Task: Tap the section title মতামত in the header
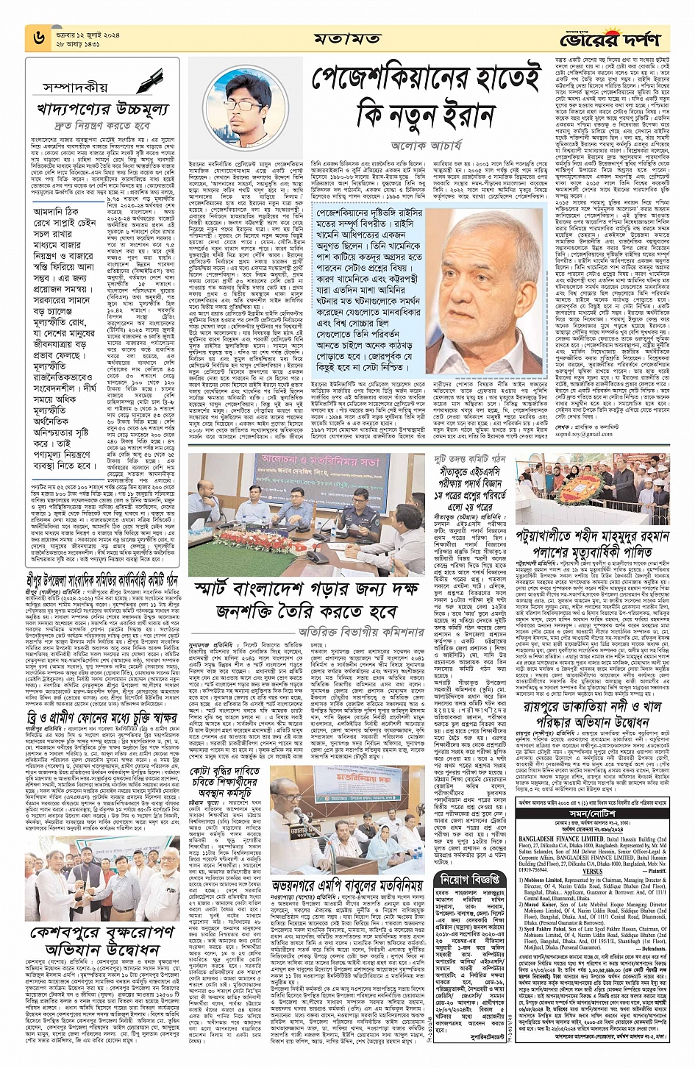[x=346, y=38]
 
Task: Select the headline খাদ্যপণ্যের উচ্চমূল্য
[x=102, y=110]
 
